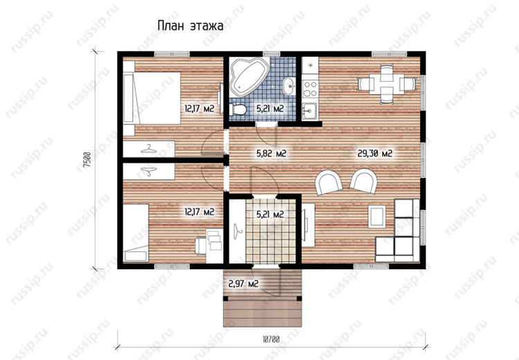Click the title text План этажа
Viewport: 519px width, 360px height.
190,26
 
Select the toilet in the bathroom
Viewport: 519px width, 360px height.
237,109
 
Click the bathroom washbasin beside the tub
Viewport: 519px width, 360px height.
289,86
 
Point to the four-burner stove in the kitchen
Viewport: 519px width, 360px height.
310,89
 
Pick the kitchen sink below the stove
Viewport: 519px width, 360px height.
310,110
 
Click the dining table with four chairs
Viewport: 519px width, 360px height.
387,84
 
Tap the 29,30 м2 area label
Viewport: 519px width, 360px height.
375,153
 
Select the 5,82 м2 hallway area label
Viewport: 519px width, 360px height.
271,153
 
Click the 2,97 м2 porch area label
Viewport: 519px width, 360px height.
244,283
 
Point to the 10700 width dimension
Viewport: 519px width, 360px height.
271,339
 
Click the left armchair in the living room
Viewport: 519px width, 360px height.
329,183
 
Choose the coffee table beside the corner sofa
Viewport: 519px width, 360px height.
377,217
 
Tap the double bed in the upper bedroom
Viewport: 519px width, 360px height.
152,98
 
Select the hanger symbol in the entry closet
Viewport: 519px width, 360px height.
237,229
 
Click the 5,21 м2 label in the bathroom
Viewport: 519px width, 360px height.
271,108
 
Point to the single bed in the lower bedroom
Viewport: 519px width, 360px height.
136,233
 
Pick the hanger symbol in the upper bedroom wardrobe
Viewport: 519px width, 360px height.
149,149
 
